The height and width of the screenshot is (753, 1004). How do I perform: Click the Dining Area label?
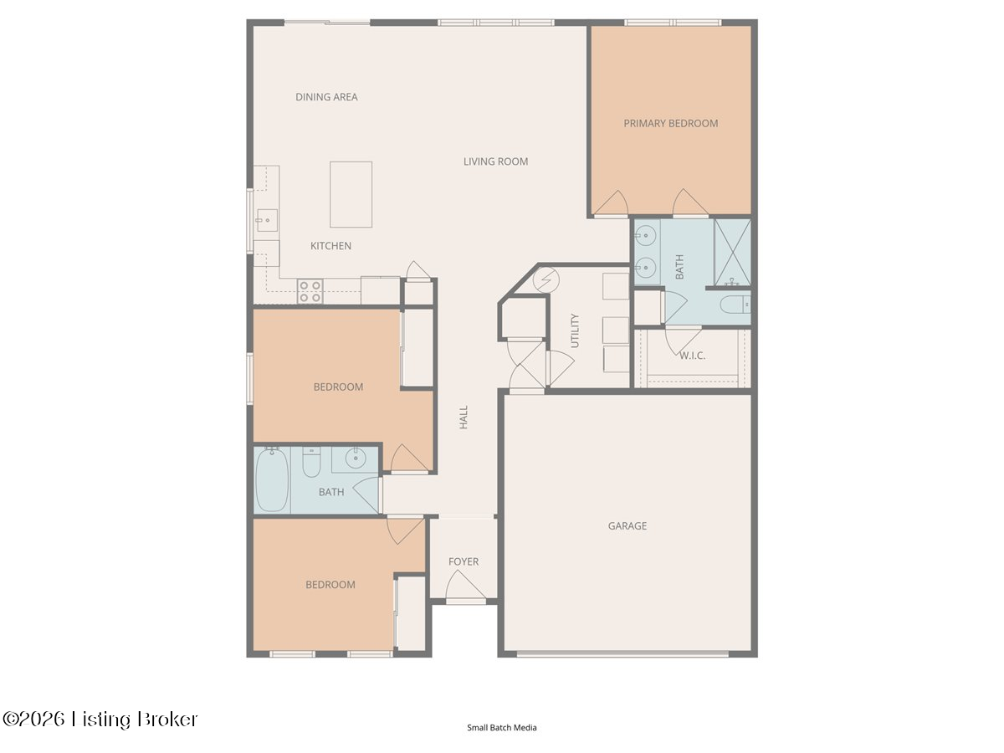(326, 97)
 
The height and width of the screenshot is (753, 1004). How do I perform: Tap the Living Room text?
(495, 161)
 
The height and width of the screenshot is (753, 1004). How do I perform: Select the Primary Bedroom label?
(670, 124)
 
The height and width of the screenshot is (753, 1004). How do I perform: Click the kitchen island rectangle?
(351, 194)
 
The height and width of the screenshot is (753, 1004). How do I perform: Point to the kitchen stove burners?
(310, 291)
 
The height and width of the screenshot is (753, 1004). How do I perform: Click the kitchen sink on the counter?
(267, 220)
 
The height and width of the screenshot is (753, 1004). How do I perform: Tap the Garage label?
(627, 525)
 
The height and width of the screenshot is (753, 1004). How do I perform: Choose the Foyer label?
(464, 561)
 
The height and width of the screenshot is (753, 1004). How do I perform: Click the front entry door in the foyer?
(466, 587)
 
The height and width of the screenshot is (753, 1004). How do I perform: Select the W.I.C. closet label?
(692, 356)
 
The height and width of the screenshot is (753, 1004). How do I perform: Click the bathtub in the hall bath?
(272, 479)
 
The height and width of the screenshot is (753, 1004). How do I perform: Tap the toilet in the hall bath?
(311, 462)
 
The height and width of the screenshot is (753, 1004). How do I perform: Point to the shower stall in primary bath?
(732, 253)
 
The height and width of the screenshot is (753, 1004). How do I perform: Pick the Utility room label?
(575, 330)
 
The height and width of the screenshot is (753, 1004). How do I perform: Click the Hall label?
(464, 417)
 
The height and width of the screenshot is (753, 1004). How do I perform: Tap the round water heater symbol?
(546, 279)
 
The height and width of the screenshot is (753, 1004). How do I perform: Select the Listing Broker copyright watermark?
(100, 720)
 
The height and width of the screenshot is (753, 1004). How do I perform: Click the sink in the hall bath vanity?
(356, 458)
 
